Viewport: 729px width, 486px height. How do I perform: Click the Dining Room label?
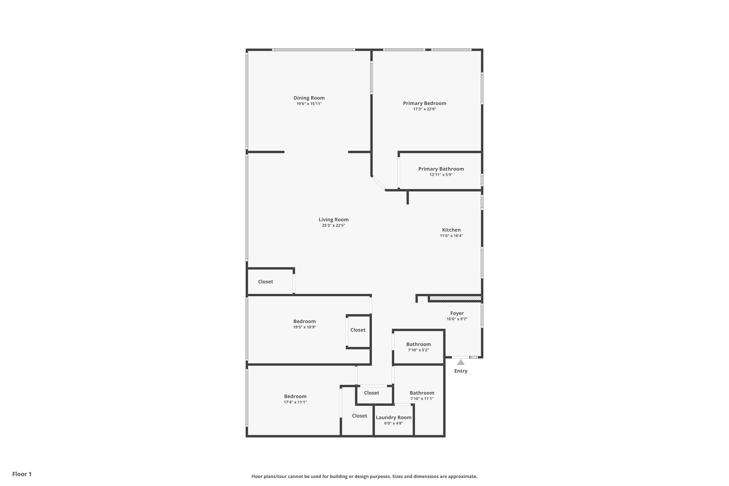[309, 98]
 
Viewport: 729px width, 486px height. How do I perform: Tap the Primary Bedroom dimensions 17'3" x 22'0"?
[424, 109]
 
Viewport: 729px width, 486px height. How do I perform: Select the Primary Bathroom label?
[441, 169]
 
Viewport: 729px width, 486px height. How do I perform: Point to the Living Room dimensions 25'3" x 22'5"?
[334, 225]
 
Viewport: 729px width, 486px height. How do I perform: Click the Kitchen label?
[451, 230]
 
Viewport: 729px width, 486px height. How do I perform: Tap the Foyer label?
[457, 313]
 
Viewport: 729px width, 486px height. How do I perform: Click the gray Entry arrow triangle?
[461, 362]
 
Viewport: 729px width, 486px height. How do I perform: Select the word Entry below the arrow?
[461, 371]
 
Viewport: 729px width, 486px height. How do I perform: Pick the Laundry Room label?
[394, 418]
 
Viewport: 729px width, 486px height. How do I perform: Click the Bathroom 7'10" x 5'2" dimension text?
[419, 350]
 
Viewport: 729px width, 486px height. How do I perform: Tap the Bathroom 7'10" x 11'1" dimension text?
[422, 399]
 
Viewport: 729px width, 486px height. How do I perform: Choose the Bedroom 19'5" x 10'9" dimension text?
[304, 327]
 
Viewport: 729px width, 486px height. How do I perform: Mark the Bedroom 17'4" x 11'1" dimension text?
[295, 402]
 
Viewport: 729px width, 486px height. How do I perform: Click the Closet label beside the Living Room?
[266, 282]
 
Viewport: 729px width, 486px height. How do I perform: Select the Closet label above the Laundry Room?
[372, 393]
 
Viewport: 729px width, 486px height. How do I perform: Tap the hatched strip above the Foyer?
[455, 298]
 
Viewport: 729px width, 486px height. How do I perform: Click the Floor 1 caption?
[22, 474]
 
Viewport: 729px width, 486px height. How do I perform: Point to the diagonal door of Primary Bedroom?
[378, 183]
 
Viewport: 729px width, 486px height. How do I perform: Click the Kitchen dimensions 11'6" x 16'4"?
[451, 236]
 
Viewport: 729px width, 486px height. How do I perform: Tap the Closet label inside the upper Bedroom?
[358, 330]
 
